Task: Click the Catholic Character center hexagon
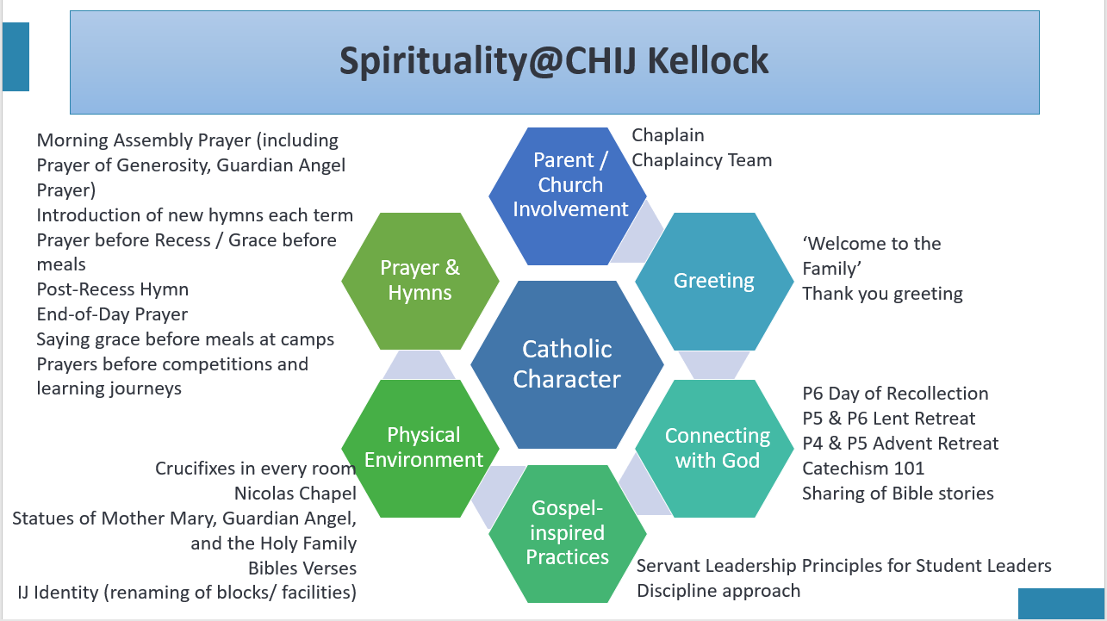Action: click(x=567, y=364)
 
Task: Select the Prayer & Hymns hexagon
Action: click(x=420, y=281)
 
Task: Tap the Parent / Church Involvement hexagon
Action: click(x=568, y=196)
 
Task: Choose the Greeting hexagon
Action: click(x=714, y=281)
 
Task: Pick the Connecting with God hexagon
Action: click(x=714, y=449)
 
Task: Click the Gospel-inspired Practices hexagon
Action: click(x=568, y=533)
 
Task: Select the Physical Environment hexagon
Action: click(x=420, y=449)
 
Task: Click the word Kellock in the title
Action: click(x=707, y=61)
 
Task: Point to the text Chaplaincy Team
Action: click(x=702, y=160)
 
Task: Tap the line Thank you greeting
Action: click(x=882, y=294)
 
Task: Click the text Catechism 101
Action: click(x=863, y=469)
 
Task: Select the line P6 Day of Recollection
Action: click(x=895, y=394)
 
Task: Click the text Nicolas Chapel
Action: click(x=295, y=493)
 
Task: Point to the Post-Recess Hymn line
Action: click(x=113, y=289)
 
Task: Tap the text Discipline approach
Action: click(x=718, y=591)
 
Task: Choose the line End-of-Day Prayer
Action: click(x=112, y=314)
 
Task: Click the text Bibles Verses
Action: click(x=302, y=568)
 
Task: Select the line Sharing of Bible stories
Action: click(x=898, y=494)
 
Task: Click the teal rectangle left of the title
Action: click(x=16, y=57)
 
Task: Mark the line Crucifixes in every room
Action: click(x=256, y=469)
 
